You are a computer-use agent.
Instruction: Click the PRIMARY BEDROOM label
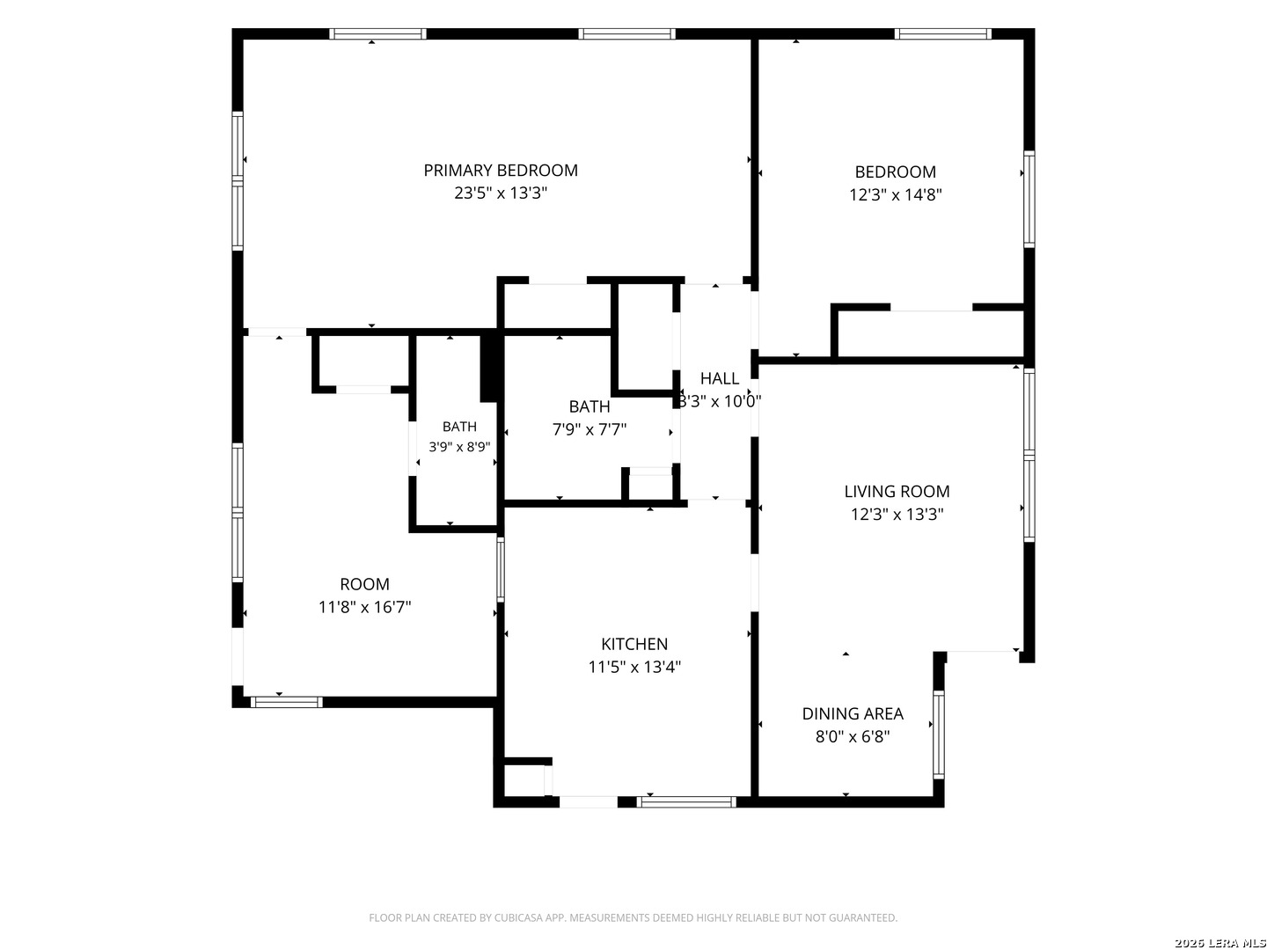click(500, 171)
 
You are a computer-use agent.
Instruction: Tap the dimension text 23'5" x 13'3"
click(500, 193)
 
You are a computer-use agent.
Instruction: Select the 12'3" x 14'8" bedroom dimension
click(895, 194)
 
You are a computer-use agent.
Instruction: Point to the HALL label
click(719, 378)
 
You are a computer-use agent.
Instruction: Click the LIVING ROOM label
click(897, 492)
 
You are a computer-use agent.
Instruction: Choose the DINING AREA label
click(852, 714)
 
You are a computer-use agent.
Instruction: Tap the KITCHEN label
click(633, 644)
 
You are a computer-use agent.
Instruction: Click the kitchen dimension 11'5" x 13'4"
click(633, 667)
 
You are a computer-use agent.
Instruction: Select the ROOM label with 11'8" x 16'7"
click(364, 584)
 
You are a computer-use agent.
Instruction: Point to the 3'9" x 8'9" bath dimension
click(459, 447)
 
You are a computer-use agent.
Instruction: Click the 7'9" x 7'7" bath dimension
click(589, 429)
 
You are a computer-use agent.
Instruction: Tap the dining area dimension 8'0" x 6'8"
click(852, 736)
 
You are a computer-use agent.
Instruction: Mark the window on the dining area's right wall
click(939, 734)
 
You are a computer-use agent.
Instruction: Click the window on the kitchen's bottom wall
click(685, 801)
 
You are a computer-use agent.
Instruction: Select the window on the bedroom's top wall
click(942, 34)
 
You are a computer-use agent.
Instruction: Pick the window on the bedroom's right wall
click(1029, 199)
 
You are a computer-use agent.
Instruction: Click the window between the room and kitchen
click(501, 569)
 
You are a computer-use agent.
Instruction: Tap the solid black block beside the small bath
click(488, 368)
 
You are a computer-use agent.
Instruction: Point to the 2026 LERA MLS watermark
click(1219, 942)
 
